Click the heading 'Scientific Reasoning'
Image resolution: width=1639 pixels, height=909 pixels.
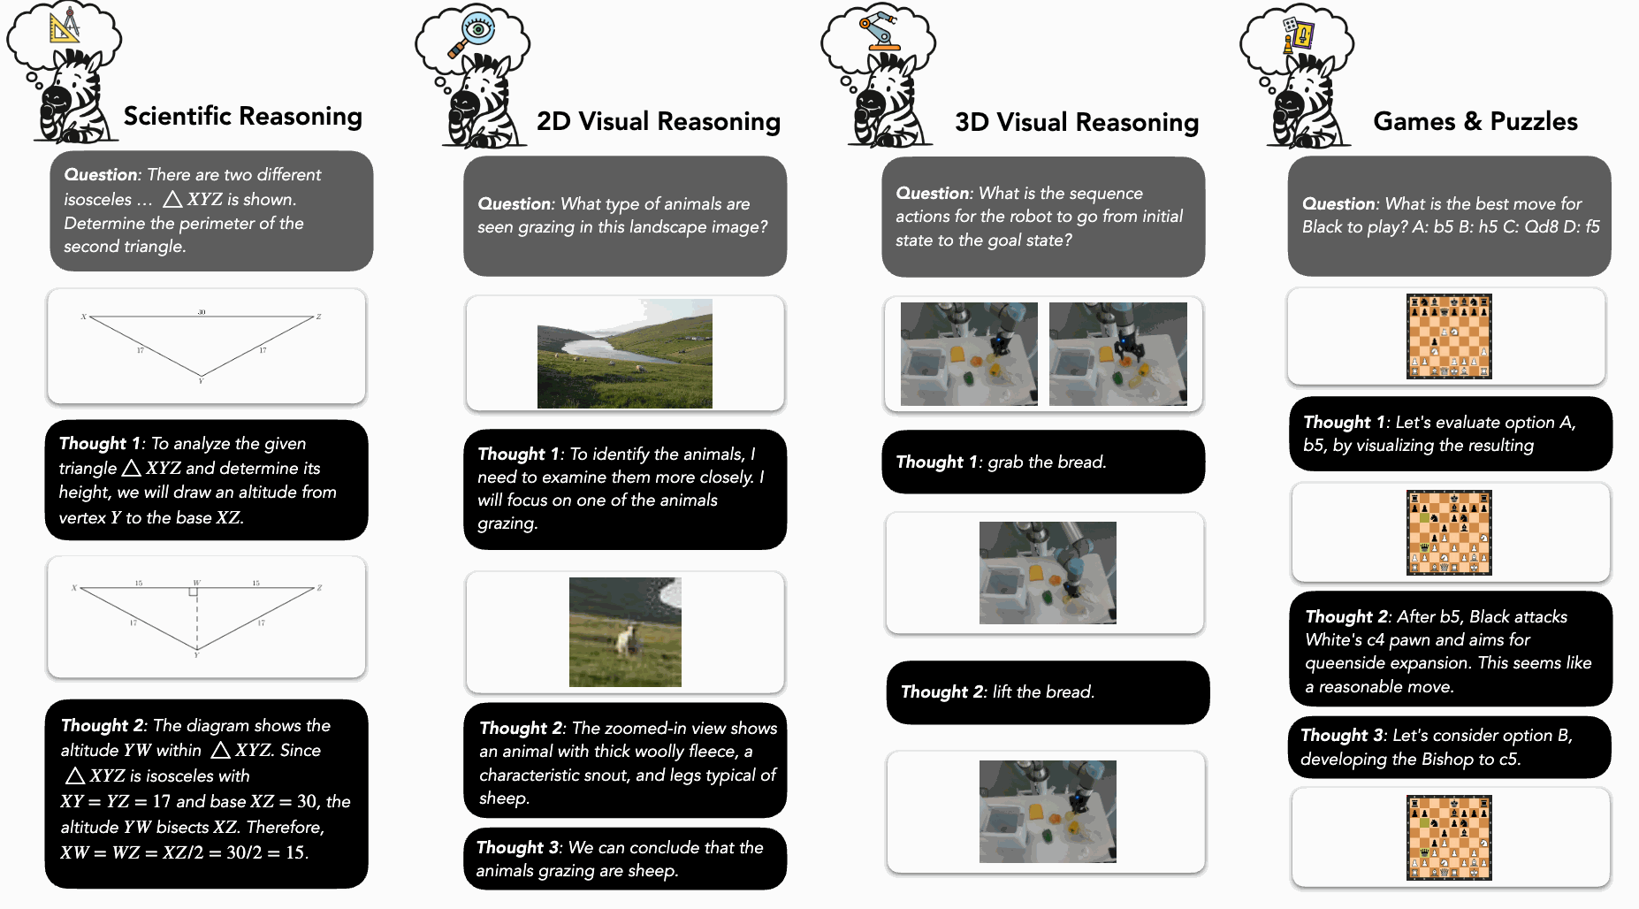[x=242, y=117]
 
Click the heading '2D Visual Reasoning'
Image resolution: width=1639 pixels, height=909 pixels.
[x=658, y=121]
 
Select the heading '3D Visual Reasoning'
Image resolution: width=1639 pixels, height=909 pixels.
[x=1076, y=122]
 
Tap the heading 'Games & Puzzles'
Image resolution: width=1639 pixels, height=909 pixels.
[x=1475, y=121]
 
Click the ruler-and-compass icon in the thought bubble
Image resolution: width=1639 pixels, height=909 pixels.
[x=65, y=25]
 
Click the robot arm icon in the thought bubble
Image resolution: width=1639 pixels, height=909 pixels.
[x=879, y=29]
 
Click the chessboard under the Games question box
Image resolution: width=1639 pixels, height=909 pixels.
[x=1449, y=337]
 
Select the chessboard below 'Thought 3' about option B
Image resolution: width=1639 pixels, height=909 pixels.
[x=1449, y=837]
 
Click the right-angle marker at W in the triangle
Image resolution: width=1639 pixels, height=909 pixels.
[x=193, y=592]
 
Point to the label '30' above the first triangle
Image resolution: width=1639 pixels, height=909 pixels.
[x=202, y=312]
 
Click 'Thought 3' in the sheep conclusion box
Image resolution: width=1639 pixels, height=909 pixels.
[x=517, y=847]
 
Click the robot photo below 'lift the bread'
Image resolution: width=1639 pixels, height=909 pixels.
[x=1048, y=812]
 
